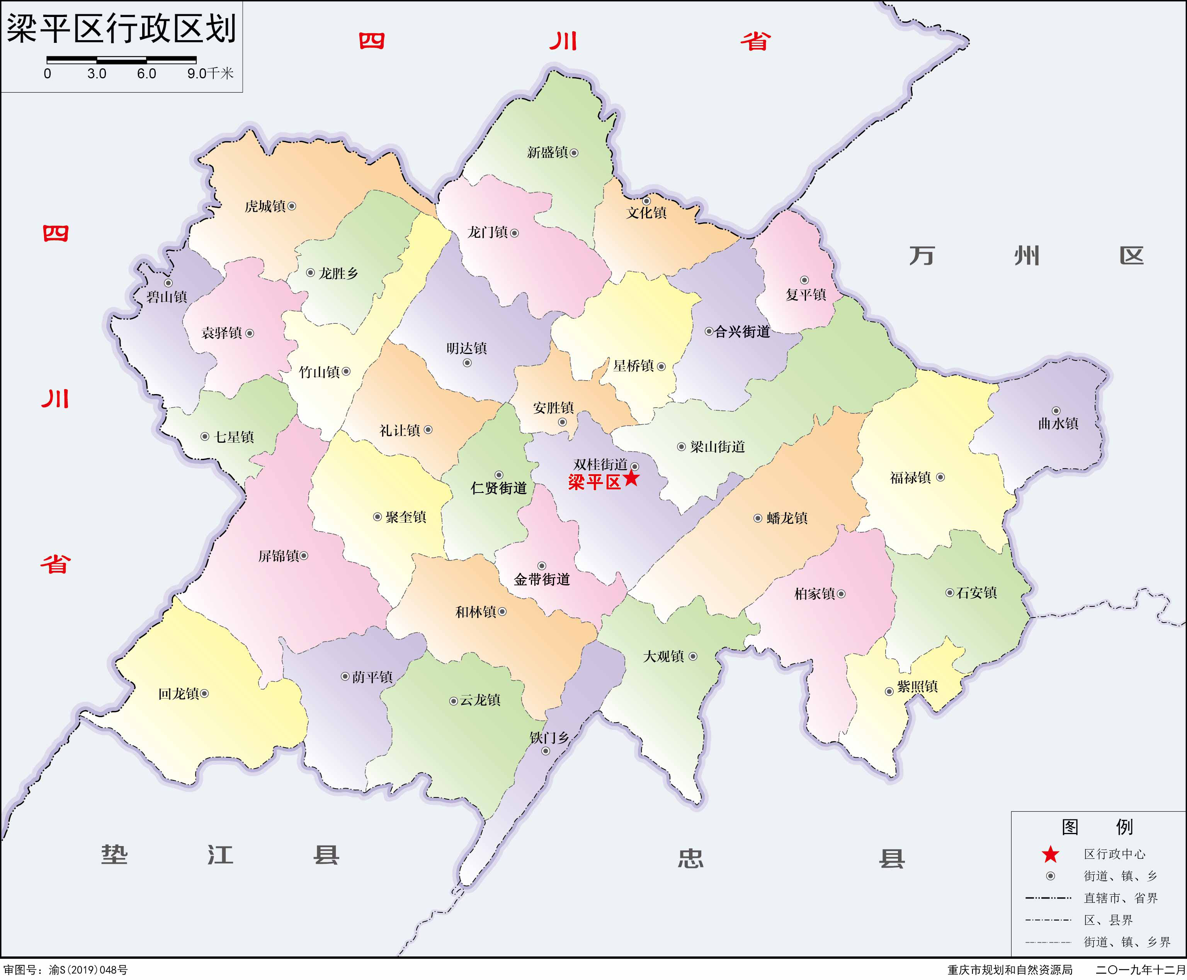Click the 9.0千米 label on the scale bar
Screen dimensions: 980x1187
click(x=210, y=73)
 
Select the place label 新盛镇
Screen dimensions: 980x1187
click(x=547, y=152)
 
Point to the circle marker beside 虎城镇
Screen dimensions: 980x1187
click(x=292, y=206)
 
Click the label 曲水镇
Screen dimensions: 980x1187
click(x=1058, y=423)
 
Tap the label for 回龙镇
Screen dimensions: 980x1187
click(x=178, y=694)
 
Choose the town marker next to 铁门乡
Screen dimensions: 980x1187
click(x=546, y=751)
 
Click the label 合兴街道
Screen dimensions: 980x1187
click(x=742, y=332)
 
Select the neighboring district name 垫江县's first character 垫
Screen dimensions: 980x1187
click(x=115, y=855)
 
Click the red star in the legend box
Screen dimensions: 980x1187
click(x=1050, y=854)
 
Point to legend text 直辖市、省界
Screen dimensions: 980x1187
click(x=1120, y=898)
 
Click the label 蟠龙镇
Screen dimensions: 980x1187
click(x=787, y=518)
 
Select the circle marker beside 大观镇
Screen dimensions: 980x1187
click(x=693, y=656)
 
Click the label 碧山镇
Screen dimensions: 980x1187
click(x=167, y=297)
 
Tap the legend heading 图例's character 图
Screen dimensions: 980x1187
click(x=1070, y=827)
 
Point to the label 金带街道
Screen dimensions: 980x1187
click(x=542, y=579)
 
